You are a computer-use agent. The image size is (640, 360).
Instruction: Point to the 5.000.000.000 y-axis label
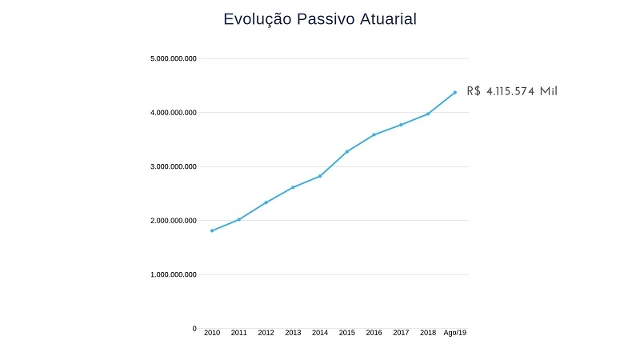174,59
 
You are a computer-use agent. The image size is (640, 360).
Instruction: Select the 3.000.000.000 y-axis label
174,167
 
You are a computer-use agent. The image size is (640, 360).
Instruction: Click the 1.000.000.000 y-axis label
174,275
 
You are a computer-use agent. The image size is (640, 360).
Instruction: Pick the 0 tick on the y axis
194,329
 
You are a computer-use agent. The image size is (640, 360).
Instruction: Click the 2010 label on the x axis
212,333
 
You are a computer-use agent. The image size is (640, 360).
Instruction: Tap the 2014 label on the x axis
320,333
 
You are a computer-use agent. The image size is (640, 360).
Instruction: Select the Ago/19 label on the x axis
455,333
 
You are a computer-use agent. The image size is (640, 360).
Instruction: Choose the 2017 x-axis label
401,333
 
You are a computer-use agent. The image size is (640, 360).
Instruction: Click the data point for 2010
212,230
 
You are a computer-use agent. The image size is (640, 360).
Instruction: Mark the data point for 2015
347,151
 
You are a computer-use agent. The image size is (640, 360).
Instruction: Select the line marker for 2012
266,202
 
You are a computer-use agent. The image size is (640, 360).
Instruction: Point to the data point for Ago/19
455,92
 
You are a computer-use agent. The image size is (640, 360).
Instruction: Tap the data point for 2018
428,114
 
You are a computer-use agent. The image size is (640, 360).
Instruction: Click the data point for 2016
374,134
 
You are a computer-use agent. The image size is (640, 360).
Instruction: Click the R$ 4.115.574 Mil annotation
512,91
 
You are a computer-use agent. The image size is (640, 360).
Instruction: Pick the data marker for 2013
293,187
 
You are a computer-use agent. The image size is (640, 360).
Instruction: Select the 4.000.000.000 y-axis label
174,113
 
